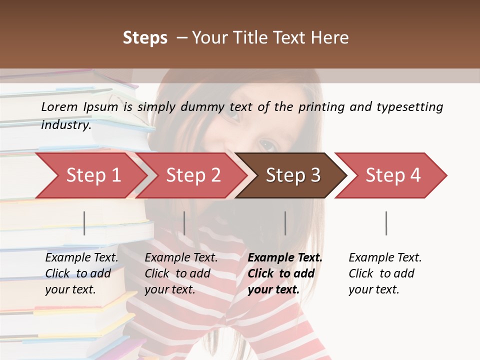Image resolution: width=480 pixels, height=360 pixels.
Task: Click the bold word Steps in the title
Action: point(145,38)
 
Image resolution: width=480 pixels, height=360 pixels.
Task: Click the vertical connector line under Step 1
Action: point(84,223)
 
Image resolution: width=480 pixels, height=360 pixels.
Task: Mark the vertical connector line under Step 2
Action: point(184,223)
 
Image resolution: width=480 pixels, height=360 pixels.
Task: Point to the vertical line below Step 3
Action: point(285,223)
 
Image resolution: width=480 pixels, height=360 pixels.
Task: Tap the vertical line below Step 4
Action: point(386,223)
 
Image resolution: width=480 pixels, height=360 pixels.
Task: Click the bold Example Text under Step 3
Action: point(285,257)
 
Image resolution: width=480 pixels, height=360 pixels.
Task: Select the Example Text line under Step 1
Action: point(81,257)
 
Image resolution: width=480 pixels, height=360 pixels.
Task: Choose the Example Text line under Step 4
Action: point(385,257)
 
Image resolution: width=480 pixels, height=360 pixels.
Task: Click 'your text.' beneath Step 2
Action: point(169,289)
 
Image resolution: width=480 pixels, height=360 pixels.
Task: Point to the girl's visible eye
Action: point(267,145)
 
